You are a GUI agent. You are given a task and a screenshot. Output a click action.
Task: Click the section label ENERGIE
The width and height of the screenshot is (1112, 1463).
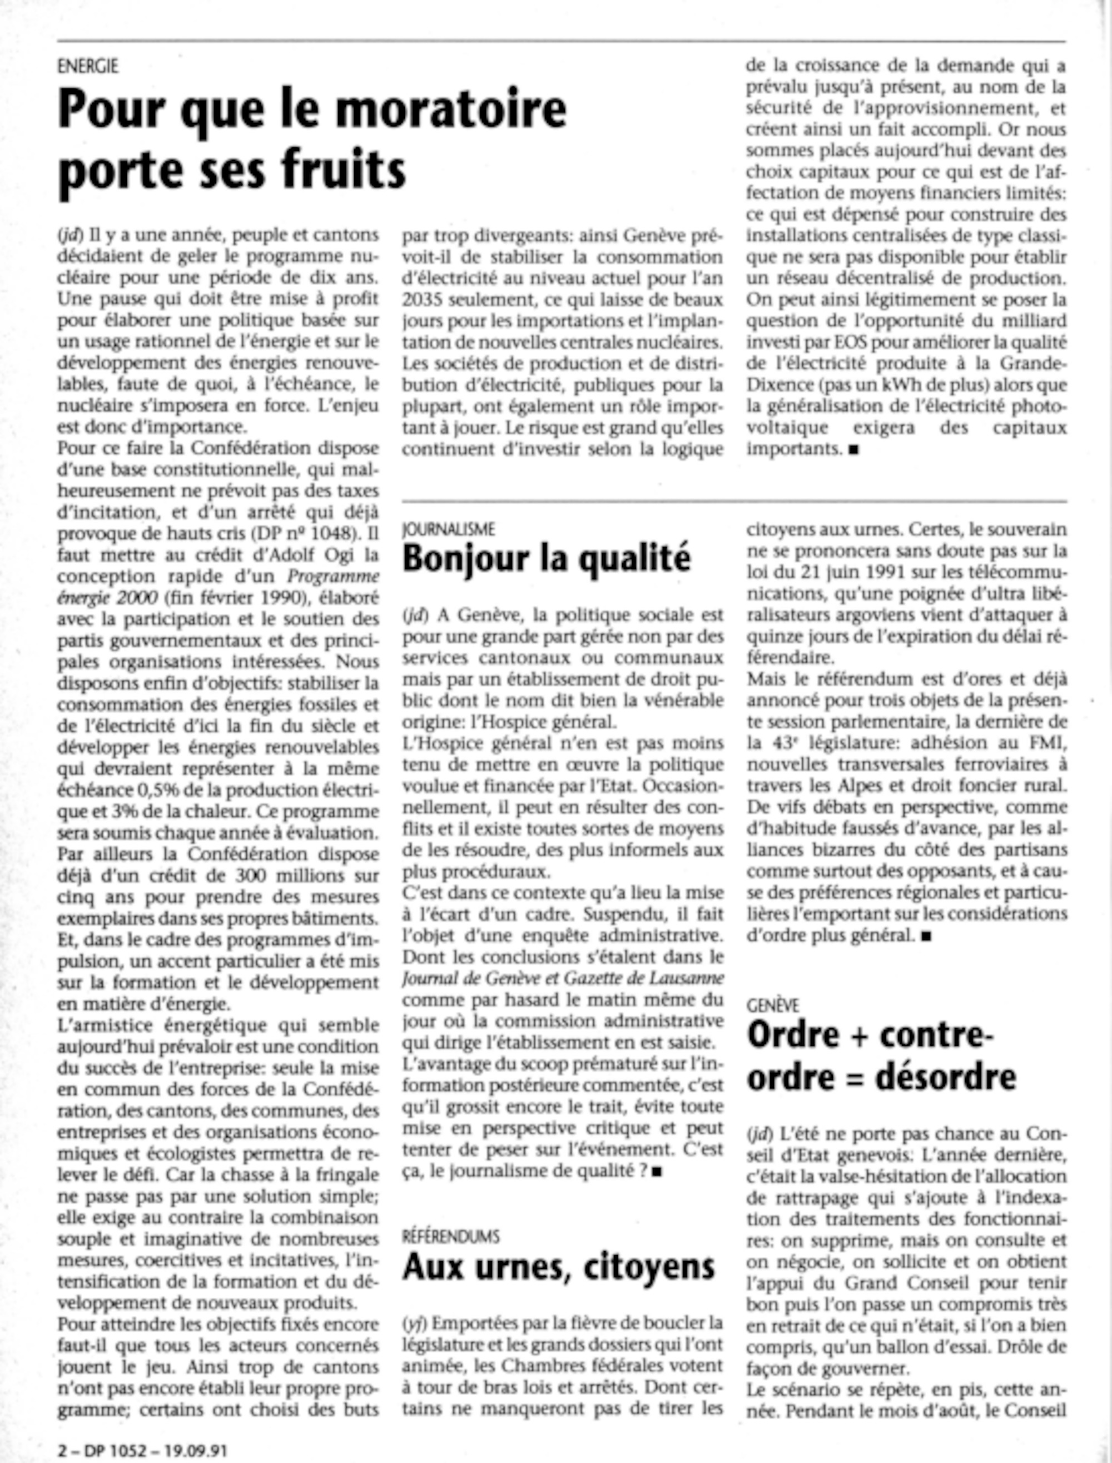click(x=87, y=66)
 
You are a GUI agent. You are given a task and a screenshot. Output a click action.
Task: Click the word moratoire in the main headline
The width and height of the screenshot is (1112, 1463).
click(x=451, y=110)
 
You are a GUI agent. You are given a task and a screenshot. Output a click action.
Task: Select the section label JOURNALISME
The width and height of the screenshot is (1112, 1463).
click(x=448, y=528)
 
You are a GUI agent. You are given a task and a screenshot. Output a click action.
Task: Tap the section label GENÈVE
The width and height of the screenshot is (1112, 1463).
click(x=772, y=1005)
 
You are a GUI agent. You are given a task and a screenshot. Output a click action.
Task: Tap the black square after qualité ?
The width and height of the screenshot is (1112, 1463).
click(x=657, y=1172)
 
